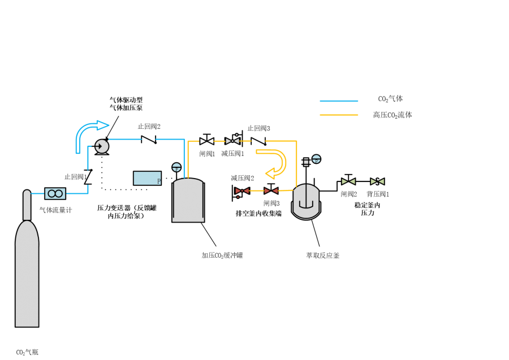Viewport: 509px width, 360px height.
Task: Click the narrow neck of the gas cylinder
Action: pos(27,205)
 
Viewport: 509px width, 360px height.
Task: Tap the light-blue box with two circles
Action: pos(55,193)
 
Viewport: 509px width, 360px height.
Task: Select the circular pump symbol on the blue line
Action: pos(101,146)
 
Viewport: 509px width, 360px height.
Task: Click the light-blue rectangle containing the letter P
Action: pos(147,178)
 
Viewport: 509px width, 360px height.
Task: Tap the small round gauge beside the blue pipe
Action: pos(176,167)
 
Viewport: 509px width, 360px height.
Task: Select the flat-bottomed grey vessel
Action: pos(188,201)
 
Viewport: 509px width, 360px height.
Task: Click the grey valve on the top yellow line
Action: pos(232,141)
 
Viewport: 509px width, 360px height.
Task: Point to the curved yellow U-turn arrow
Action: pos(274,163)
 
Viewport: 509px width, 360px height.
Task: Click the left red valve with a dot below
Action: pos(242,191)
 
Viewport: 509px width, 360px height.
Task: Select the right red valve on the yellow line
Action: pos(271,191)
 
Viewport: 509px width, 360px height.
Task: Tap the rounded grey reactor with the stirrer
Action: pos(306,202)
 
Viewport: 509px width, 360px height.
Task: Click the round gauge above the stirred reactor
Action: pos(316,159)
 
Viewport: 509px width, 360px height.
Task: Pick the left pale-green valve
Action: pos(348,181)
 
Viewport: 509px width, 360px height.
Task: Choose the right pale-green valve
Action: pos(377,181)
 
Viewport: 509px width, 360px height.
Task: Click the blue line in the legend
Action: pos(339,101)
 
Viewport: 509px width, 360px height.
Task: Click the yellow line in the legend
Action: pos(339,115)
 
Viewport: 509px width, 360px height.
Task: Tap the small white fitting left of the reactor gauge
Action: pos(306,162)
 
